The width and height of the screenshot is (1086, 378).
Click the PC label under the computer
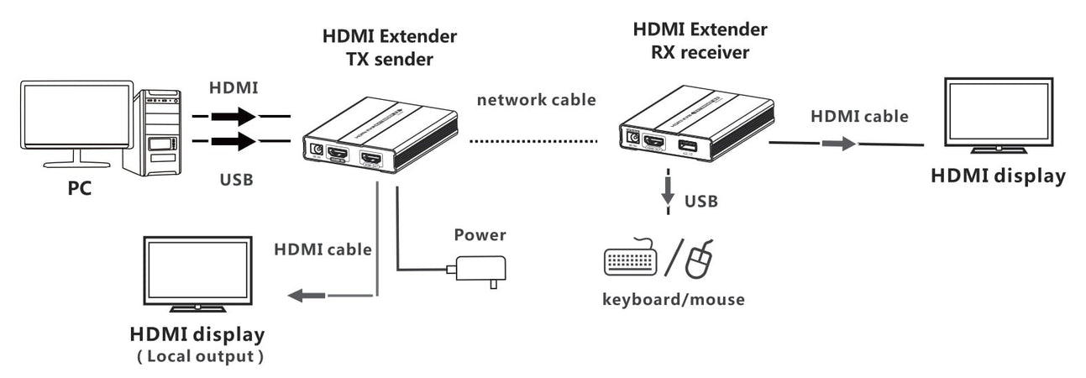pyautogui.click(x=80, y=188)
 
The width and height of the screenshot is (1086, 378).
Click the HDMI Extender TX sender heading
pyautogui.click(x=390, y=48)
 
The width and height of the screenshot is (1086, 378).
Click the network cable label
pyautogui.click(x=537, y=100)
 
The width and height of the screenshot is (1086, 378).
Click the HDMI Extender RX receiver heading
pyautogui.click(x=700, y=41)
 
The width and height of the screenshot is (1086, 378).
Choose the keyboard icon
pyautogui.click(x=631, y=259)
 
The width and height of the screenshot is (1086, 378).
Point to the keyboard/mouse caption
pyautogui.click(x=674, y=299)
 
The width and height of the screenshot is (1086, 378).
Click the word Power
pyautogui.click(x=480, y=235)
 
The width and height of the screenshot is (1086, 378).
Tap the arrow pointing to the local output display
pyautogui.click(x=307, y=296)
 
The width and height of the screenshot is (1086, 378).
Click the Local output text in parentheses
pyautogui.click(x=200, y=356)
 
